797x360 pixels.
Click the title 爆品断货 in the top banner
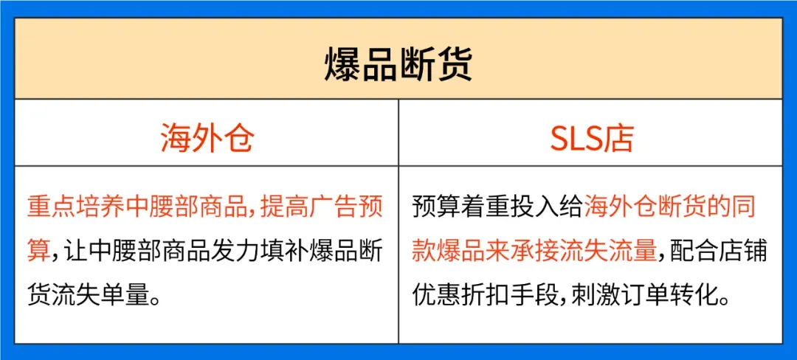(398, 65)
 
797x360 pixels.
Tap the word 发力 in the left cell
(227, 251)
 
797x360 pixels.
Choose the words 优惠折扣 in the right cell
(459, 293)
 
